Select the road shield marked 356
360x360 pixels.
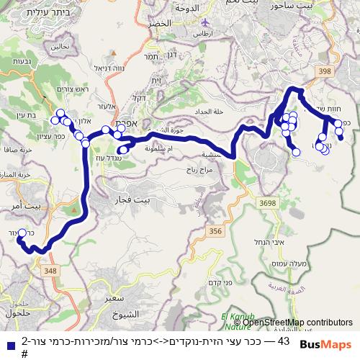tap(215, 230)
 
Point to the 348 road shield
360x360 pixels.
tap(50, 270)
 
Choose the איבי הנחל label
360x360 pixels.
tap(270, 243)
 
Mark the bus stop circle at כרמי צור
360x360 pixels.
tap(22, 233)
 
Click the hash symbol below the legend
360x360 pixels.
tap(24, 354)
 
